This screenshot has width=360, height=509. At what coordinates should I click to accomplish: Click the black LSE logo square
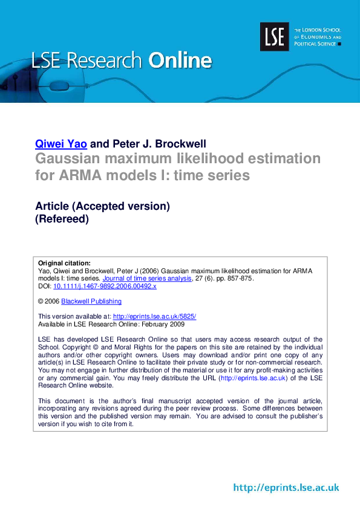tap(275, 37)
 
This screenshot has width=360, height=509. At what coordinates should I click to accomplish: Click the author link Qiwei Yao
tap(61, 144)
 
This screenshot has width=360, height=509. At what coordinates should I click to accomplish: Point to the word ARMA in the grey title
tap(82, 176)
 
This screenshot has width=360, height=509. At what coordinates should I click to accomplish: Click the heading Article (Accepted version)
tap(102, 206)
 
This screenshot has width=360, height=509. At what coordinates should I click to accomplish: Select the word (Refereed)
tap(62, 219)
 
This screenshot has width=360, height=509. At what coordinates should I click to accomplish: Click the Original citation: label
tap(64, 263)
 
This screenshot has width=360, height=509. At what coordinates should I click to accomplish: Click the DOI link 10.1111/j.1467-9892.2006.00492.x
tap(105, 287)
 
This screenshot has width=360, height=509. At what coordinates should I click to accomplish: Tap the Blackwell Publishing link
tap(91, 301)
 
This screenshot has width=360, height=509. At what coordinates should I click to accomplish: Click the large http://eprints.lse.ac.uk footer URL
tap(286, 487)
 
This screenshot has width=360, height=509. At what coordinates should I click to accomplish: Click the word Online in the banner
tap(180, 60)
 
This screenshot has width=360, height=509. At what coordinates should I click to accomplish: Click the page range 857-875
tap(237, 279)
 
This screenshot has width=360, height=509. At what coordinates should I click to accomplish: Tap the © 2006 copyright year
tap(48, 301)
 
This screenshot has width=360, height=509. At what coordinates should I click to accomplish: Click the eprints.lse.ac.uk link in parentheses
tap(253, 378)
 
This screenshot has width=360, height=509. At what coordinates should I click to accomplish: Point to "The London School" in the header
tap(317, 30)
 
